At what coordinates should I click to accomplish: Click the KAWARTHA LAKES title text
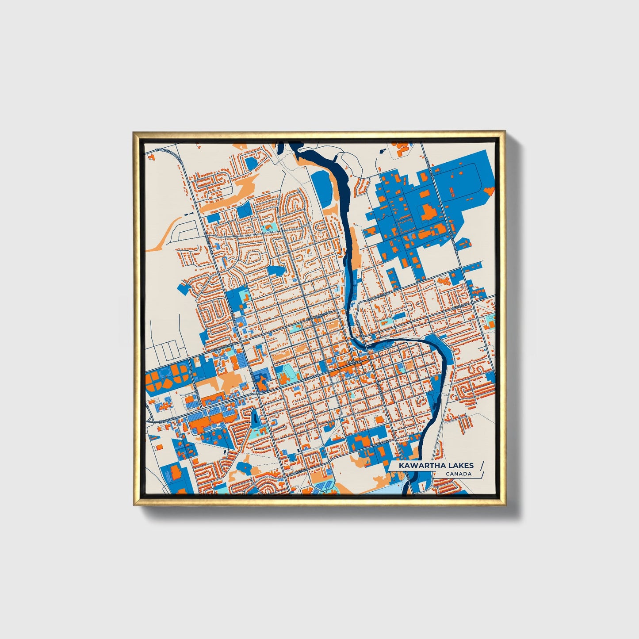click(x=436, y=465)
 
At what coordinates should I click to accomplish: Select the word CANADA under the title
click(x=458, y=474)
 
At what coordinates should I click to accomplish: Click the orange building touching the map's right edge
click(x=490, y=191)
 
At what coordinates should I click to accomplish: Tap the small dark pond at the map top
click(x=381, y=150)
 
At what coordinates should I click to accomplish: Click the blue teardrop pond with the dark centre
click(x=255, y=417)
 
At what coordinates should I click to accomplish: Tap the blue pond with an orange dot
click(x=245, y=466)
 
